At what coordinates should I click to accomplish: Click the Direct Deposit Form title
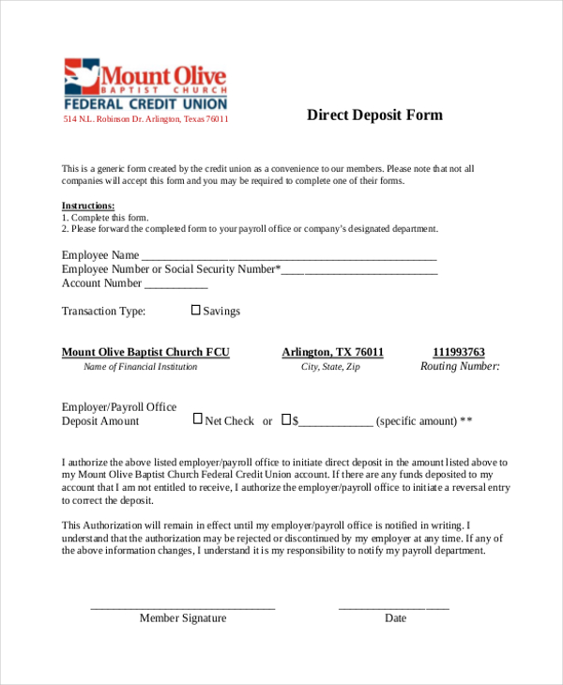click(374, 115)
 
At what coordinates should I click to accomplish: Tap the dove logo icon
click(81, 76)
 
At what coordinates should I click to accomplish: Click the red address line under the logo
click(145, 119)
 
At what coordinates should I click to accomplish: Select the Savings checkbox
click(196, 310)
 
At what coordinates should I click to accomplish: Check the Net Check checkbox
click(198, 419)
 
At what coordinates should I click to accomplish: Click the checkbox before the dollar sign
click(287, 419)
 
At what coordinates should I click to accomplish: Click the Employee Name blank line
click(289, 256)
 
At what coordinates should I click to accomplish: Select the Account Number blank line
click(175, 284)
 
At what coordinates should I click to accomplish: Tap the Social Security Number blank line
click(359, 270)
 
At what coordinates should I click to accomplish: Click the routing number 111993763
click(459, 352)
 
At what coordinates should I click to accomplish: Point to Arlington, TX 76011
click(333, 352)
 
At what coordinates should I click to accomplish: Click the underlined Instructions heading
click(88, 205)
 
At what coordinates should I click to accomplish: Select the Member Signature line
click(183, 608)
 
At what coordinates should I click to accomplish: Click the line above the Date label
click(393, 608)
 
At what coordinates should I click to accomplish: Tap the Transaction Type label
click(103, 311)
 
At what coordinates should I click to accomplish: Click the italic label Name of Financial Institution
click(141, 367)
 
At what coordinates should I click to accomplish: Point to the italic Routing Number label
click(460, 367)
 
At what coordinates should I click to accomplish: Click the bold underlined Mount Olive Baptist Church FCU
click(145, 352)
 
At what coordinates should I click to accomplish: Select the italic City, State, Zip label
click(330, 367)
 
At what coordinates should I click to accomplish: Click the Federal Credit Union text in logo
click(145, 103)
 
